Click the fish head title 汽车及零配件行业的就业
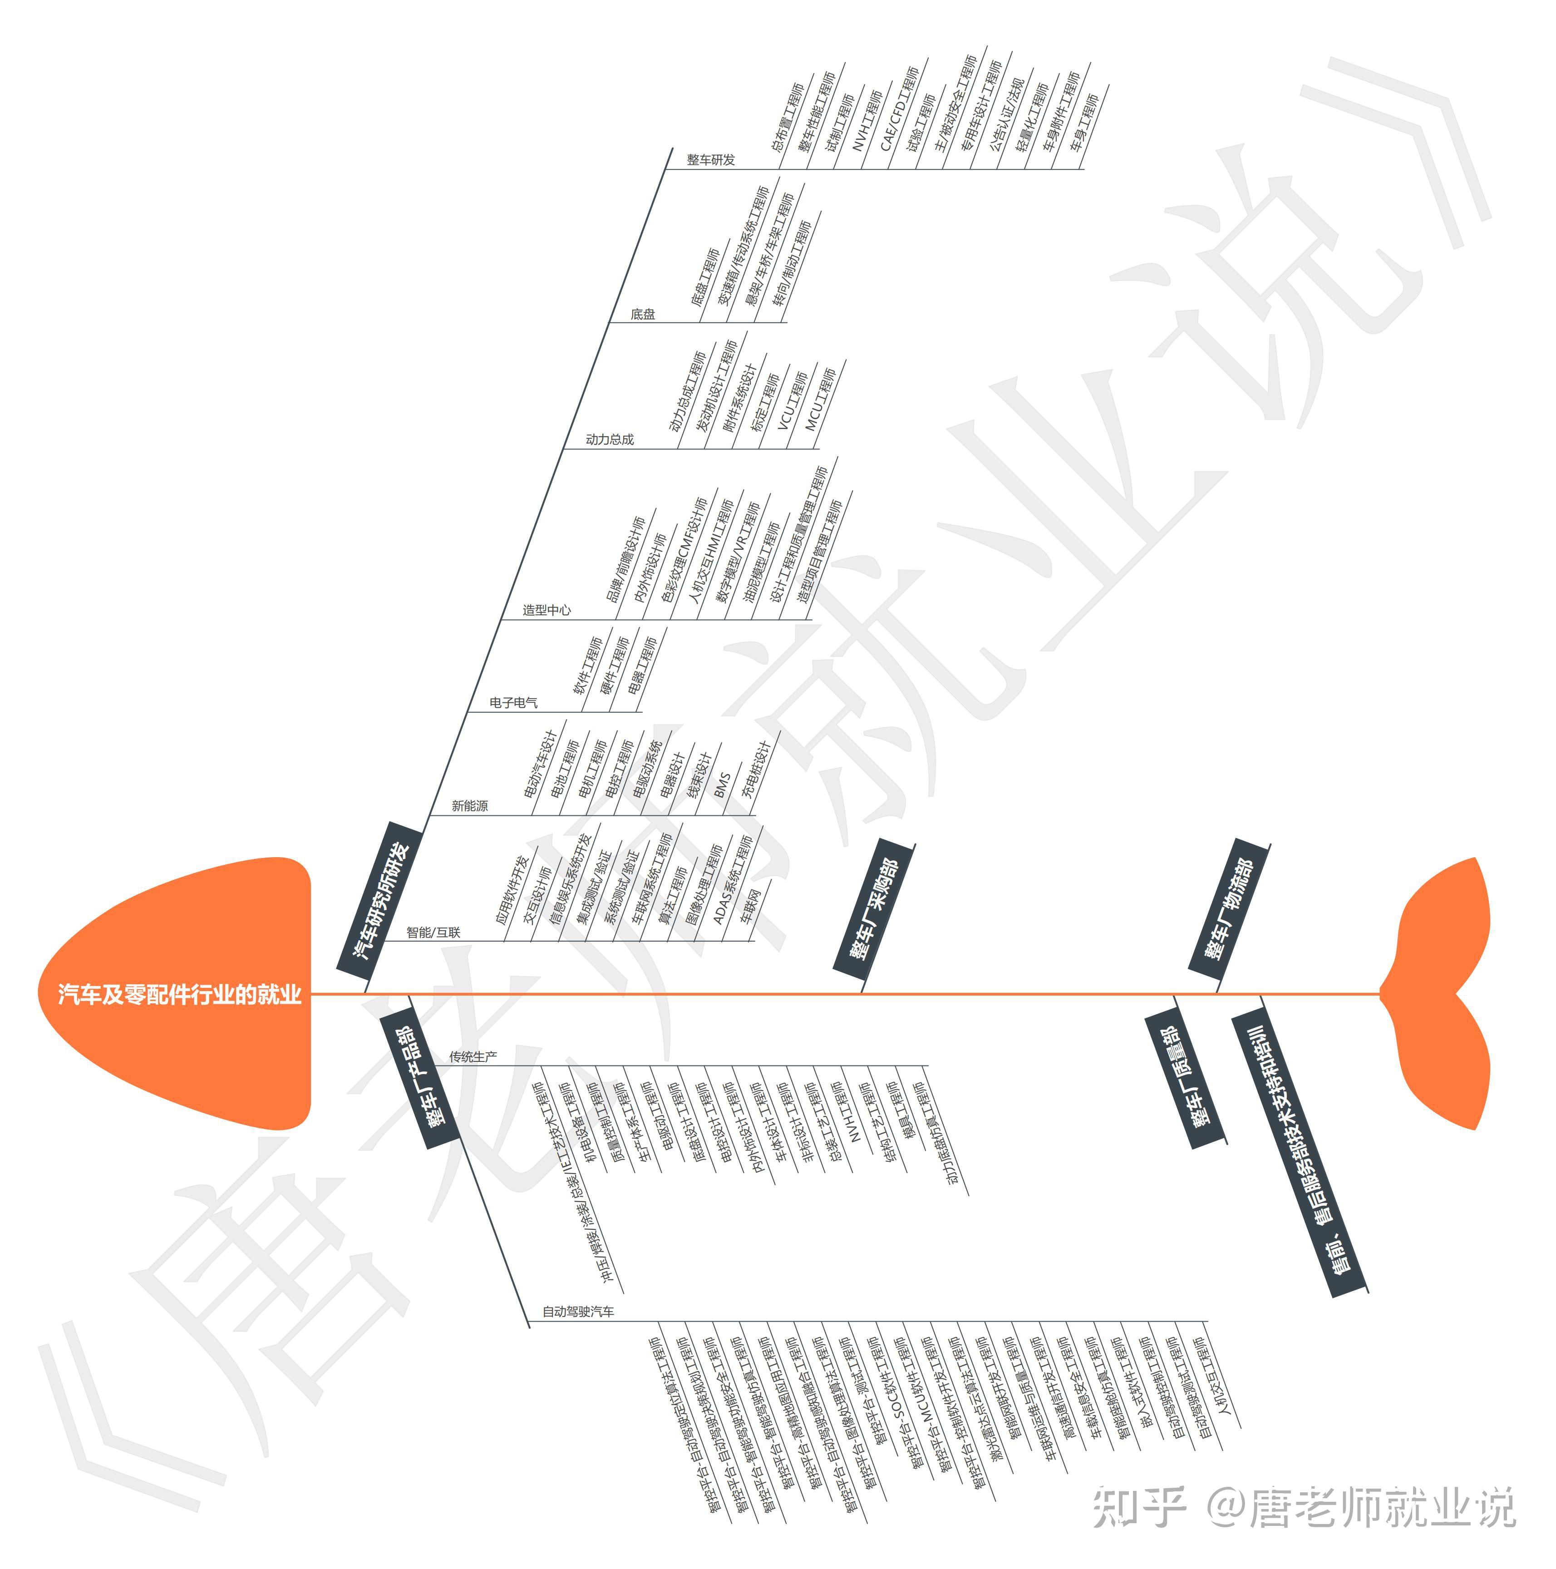179,994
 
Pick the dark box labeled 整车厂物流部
1229,908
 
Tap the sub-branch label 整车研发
711,160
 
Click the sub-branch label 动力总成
609,439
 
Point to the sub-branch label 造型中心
547,610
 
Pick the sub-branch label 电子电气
513,702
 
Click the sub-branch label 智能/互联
433,933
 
